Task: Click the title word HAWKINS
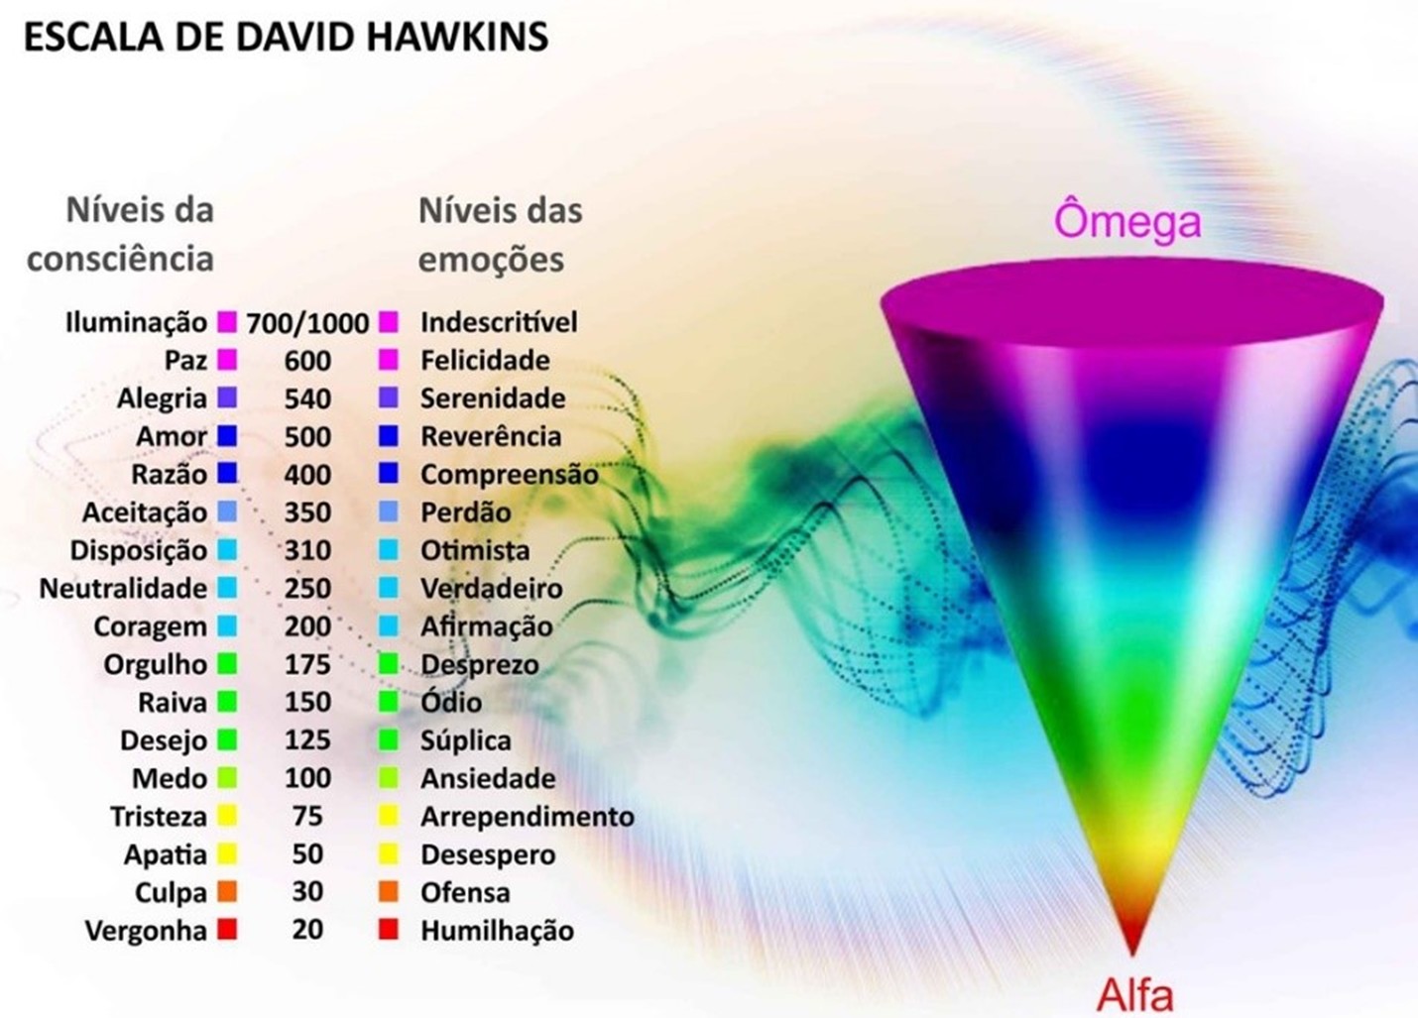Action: click(457, 38)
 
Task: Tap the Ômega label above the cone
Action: click(1127, 220)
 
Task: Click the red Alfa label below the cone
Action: click(1134, 994)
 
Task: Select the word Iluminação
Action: click(136, 322)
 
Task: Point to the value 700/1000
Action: click(307, 323)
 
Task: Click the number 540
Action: click(307, 398)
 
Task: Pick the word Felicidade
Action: click(485, 360)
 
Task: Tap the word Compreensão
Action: click(510, 475)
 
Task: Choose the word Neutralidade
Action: click(123, 589)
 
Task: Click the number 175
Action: click(307, 664)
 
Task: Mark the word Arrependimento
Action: click(528, 817)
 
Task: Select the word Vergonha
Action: click(146, 932)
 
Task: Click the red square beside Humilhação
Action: click(389, 930)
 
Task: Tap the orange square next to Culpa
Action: click(227, 892)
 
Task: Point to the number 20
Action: click(307, 930)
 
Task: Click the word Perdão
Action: click(466, 512)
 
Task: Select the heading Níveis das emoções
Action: click(500, 235)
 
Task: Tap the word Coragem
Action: click(150, 627)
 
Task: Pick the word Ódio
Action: click(451, 703)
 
